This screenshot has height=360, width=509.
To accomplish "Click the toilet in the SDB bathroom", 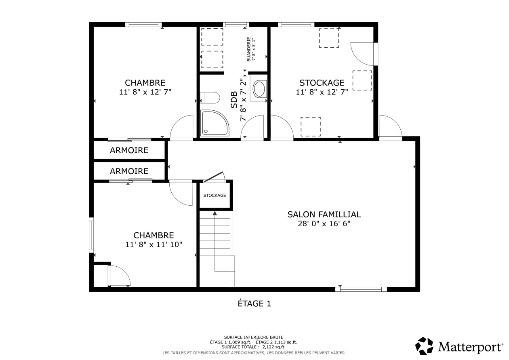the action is pyautogui.click(x=210, y=98).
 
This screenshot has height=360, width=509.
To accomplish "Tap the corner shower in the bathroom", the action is pyautogui.click(x=214, y=123).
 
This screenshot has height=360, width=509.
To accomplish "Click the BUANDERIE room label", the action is pyautogui.click(x=249, y=49).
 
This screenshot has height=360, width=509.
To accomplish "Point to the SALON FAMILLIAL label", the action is pyautogui.click(x=324, y=214).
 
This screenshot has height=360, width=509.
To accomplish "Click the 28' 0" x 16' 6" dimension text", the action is pyautogui.click(x=324, y=224).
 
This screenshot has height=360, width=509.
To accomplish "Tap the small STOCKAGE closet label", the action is pyautogui.click(x=215, y=195).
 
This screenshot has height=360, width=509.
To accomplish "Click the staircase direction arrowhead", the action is pyautogui.click(x=215, y=213).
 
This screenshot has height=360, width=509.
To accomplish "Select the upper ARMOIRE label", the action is pyautogui.click(x=129, y=150).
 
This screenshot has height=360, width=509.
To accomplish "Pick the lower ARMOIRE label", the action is pyautogui.click(x=129, y=171).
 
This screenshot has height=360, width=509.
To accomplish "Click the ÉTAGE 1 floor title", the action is pyautogui.click(x=254, y=303).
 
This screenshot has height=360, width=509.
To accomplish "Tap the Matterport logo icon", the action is pyautogui.click(x=424, y=346).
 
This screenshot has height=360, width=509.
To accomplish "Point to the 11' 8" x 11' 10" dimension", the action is pyautogui.click(x=154, y=244).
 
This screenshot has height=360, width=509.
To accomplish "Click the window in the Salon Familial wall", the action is pyautogui.click(x=361, y=289).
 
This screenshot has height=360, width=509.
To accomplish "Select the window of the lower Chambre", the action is pyautogui.click(x=91, y=235).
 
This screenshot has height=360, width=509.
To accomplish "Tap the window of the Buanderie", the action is pyautogui.click(x=236, y=25).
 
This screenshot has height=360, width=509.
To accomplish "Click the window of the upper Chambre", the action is pyautogui.click(x=143, y=25).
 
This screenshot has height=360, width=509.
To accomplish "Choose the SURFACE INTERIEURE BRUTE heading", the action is pyautogui.click(x=254, y=337).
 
